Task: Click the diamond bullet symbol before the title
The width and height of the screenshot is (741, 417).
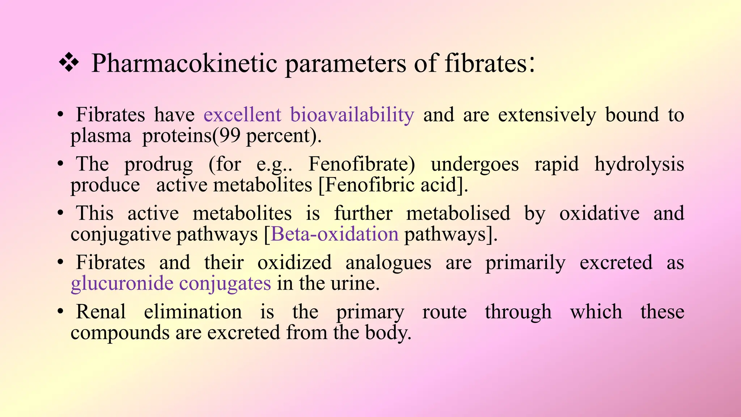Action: [69, 63]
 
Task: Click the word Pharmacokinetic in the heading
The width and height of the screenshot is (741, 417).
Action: [184, 64]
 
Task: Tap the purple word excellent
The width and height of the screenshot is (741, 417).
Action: [242, 115]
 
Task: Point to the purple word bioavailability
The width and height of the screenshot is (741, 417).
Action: [352, 115]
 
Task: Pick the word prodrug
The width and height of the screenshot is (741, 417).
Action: [158, 165]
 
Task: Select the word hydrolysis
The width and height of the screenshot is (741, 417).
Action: [639, 165]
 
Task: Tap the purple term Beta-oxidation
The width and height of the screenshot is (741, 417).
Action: [335, 234]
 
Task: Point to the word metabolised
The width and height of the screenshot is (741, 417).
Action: [458, 213]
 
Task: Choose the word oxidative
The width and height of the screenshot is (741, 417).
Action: [599, 213]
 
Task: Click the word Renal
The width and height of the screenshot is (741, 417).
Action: [101, 312]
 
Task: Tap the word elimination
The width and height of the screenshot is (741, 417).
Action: [193, 312]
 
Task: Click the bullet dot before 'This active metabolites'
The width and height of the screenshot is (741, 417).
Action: [60, 213]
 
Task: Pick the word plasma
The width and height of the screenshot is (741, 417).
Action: [101, 136]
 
